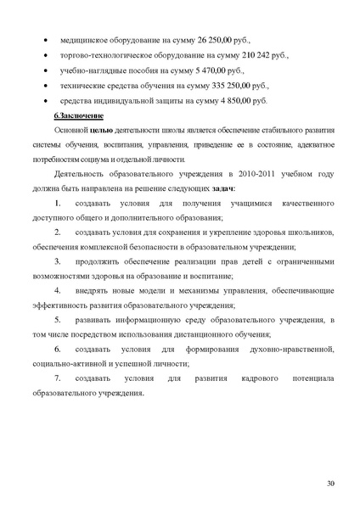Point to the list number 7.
[x=58, y=377]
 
